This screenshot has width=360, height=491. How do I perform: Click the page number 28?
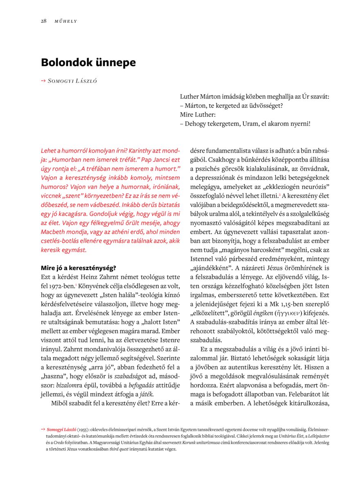tap(43, 21)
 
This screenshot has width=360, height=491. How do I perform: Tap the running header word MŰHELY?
tap(66, 21)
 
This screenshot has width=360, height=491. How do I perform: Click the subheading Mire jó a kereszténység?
tap(79, 268)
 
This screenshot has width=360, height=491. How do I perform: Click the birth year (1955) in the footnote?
tap(85, 430)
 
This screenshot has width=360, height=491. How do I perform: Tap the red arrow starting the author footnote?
tap(43, 430)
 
